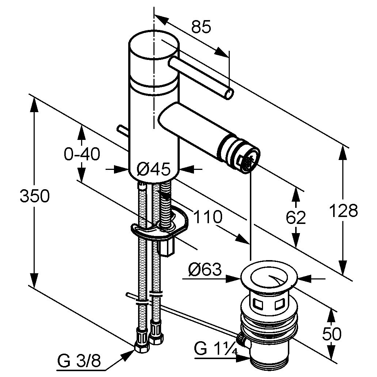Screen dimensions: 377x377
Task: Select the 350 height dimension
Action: tap(34, 197)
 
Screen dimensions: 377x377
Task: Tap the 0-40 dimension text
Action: tap(82, 154)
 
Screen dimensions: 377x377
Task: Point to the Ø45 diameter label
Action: tap(153, 169)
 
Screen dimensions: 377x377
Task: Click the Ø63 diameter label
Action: tap(205, 270)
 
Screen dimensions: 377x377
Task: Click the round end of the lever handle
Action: tap(229, 95)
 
